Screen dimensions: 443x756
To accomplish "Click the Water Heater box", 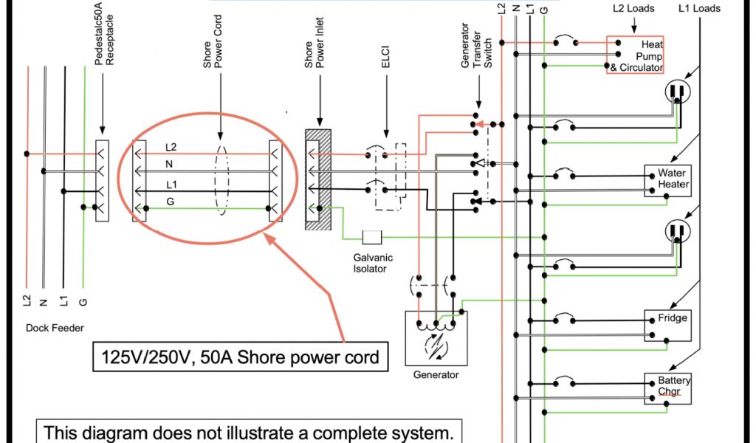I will coord(668,180).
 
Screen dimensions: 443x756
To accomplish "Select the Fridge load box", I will coord(668,325).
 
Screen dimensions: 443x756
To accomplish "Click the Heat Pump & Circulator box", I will coord(636,55).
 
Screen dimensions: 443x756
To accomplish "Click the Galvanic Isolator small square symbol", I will coord(371,237).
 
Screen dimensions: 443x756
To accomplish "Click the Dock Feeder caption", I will coord(55,329).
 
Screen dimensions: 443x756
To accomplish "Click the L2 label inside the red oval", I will coord(171,148).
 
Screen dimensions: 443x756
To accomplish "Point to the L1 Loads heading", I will coord(699,9).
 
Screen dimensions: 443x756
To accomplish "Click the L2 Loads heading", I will coord(633,9).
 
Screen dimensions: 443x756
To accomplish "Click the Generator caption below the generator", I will coord(436,375).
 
